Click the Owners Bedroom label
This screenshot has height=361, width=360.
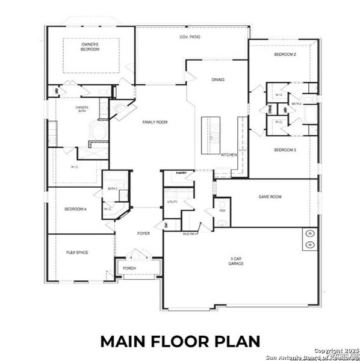tap(90, 46)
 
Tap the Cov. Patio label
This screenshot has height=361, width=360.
tap(190, 37)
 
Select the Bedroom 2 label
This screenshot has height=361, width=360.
tap(285, 55)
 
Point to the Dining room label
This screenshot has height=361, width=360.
tap(218, 79)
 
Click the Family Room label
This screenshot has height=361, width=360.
tap(155, 122)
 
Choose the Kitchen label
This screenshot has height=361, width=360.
tap(229, 155)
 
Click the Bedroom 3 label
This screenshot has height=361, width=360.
tap(285, 150)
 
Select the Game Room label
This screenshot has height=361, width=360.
tap(270, 197)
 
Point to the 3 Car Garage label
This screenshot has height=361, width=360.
tap(236, 262)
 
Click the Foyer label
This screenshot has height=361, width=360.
tap(143, 233)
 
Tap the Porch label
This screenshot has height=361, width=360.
tap(129, 268)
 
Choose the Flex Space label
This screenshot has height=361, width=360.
tap(77, 253)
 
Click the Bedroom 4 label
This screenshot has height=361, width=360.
tap(75, 209)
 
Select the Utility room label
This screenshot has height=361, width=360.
tap(172, 202)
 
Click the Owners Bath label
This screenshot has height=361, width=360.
tap(82, 109)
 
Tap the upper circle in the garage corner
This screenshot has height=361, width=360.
tap(310, 233)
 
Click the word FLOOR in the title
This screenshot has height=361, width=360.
tap(180, 341)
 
